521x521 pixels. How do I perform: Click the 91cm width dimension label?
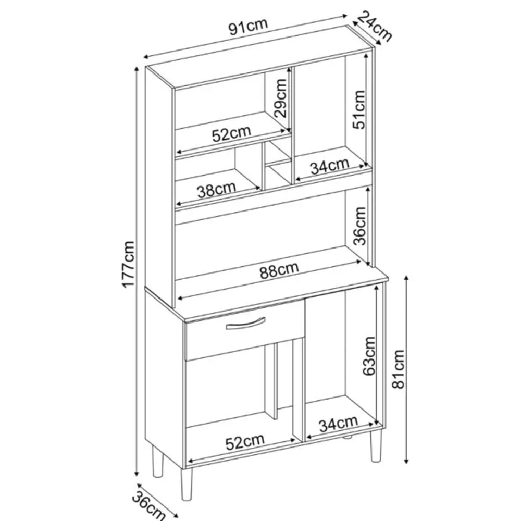coord(248,27)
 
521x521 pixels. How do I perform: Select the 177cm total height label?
coord(128,264)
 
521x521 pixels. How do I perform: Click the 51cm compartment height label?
coord(359,109)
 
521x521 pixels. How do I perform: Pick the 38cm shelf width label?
coord(216,190)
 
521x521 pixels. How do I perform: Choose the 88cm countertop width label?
coord(279,270)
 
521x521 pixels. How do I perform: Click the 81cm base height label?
coord(399,369)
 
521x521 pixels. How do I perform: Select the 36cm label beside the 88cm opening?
coord(359,226)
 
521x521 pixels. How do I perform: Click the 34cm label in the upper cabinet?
coord(330,166)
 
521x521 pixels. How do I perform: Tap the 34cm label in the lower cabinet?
coord(338,424)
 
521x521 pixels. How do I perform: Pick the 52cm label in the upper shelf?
coord(231,133)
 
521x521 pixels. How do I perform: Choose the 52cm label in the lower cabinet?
coord(245,442)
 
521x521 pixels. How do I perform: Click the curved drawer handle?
coord(245,324)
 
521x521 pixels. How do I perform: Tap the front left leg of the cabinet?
coord(187,486)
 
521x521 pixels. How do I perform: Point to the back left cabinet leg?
coord(158,461)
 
